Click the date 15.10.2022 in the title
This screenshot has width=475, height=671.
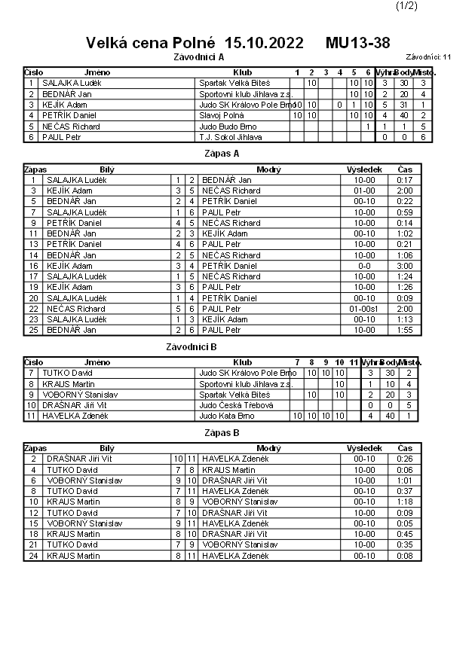click(265, 42)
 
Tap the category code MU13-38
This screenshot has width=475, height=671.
click(358, 42)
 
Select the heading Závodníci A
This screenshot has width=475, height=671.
click(199, 56)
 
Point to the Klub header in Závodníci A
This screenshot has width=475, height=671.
click(243, 72)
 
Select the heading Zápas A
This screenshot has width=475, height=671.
click(222, 153)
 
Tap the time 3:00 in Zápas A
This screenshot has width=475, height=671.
click(406, 266)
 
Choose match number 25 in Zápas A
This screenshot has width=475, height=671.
click(33, 330)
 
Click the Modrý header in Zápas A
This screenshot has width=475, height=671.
click(268, 169)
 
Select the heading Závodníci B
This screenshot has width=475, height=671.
click(192, 346)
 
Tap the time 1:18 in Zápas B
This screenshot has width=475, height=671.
click(405, 502)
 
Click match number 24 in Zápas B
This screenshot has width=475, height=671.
click(33, 556)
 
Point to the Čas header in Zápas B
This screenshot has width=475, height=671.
click(405, 448)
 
